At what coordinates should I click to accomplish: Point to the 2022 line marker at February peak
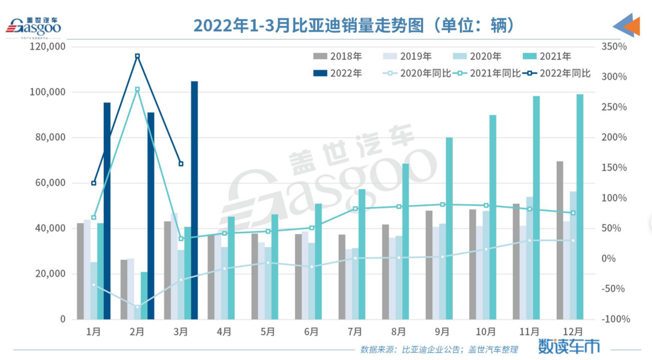click(137, 56)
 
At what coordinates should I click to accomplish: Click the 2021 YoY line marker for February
click(137, 89)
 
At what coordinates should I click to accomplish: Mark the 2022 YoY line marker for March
click(181, 164)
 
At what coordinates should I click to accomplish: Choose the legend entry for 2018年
click(337, 57)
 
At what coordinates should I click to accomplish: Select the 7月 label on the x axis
click(355, 332)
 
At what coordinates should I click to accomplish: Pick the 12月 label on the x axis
click(572, 332)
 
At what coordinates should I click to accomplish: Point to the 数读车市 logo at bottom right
click(569, 346)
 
